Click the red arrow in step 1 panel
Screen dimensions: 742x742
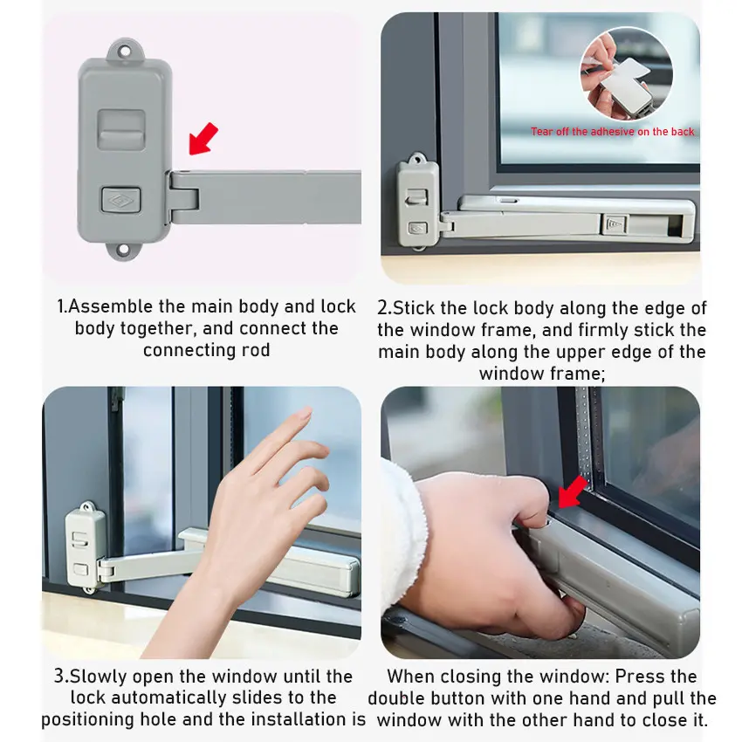[203, 139]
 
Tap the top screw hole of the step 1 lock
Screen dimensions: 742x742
[125, 51]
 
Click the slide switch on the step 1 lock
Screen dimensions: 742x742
[121, 128]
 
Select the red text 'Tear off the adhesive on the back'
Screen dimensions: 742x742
[612, 132]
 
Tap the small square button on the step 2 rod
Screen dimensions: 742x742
[615, 224]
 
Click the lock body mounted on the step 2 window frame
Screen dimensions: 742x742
[417, 203]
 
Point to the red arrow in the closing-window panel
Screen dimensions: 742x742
[572, 492]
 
